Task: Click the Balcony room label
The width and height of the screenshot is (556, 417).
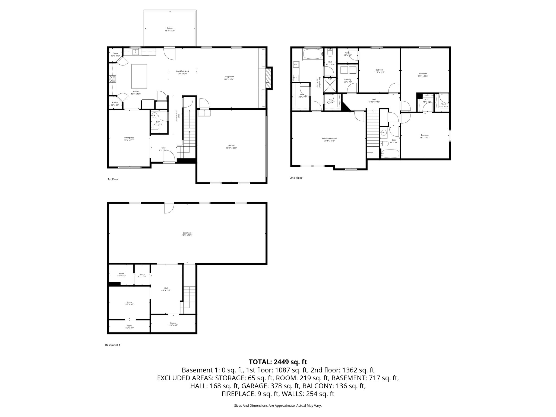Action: coord(170,29)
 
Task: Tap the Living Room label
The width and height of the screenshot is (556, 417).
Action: coord(229,78)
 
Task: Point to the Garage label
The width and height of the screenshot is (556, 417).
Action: coord(231,147)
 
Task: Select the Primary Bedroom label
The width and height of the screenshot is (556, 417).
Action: coord(329,140)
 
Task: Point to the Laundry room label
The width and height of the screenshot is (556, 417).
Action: coord(347,81)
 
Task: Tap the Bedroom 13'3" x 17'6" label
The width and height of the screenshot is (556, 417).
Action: coord(423,75)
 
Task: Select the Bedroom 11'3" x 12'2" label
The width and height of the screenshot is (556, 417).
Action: coord(379,71)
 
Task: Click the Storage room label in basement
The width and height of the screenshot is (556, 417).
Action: coord(173,324)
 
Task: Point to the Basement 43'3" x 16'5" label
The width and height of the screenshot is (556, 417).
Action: coord(187,234)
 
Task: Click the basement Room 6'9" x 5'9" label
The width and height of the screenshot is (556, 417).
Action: coord(121,275)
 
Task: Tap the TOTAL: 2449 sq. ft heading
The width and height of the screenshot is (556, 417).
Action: coord(278,362)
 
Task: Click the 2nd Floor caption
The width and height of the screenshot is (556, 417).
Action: coord(296,178)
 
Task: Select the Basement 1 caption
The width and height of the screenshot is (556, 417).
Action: coord(112,345)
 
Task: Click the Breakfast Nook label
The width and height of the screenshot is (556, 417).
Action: coord(182,72)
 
